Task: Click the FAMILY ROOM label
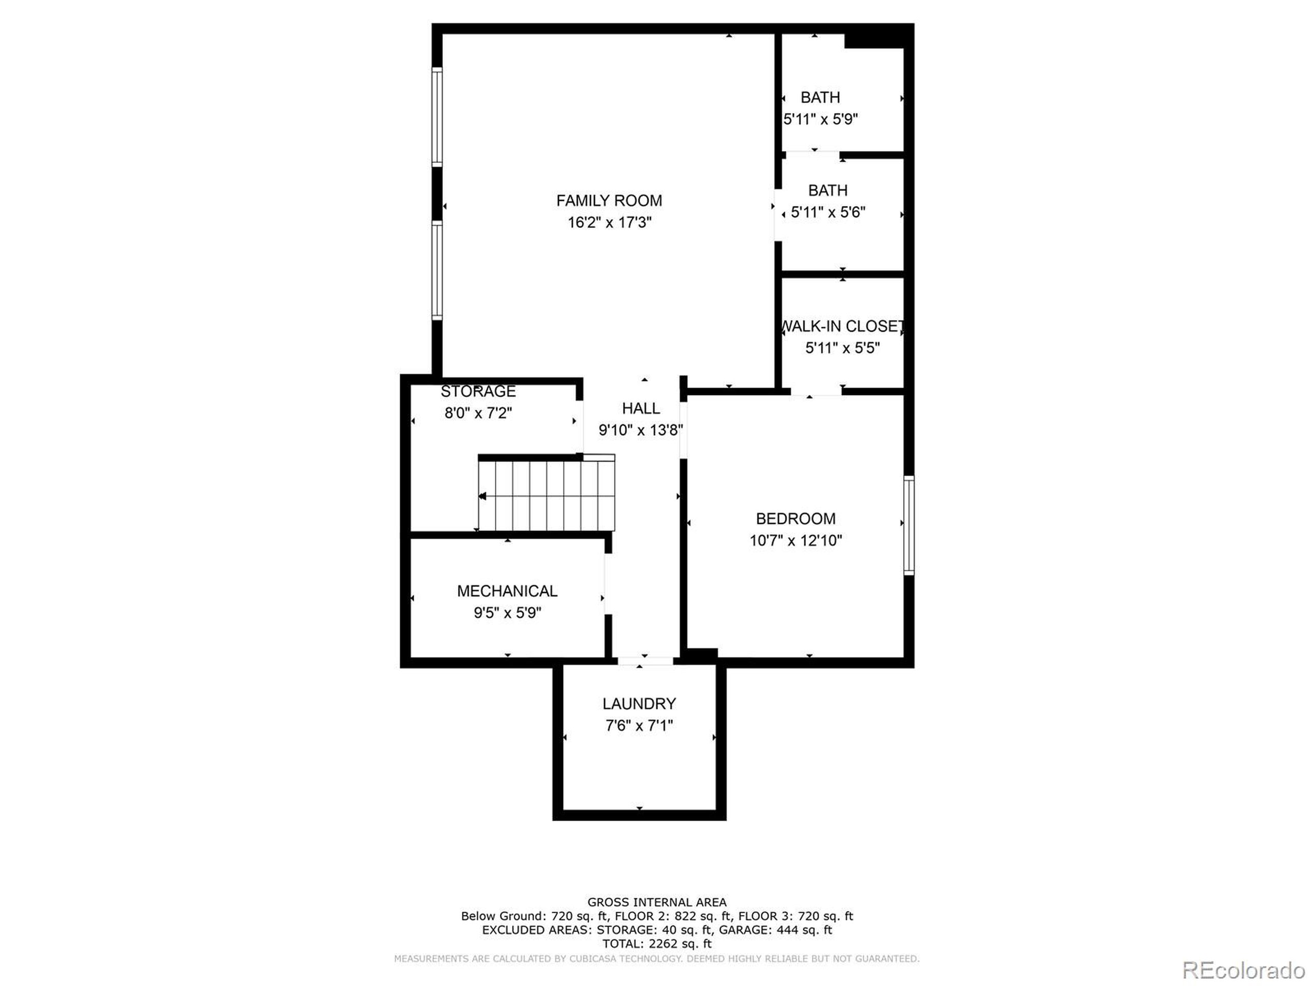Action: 609,201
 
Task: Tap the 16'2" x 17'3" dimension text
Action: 609,223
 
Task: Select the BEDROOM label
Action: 796,519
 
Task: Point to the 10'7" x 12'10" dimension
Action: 796,541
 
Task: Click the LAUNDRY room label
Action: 639,704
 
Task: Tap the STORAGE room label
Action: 478,392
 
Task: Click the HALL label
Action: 641,408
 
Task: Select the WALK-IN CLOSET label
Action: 842,326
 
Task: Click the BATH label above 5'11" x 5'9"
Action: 820,98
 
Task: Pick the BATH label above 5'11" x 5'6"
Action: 827,191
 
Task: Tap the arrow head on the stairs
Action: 483,496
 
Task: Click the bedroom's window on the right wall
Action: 909,525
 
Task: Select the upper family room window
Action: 437,117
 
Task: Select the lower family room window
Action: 437,271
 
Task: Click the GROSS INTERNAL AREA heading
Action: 657,903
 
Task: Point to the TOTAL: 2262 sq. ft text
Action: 657,944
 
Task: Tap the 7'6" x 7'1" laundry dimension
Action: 639,726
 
